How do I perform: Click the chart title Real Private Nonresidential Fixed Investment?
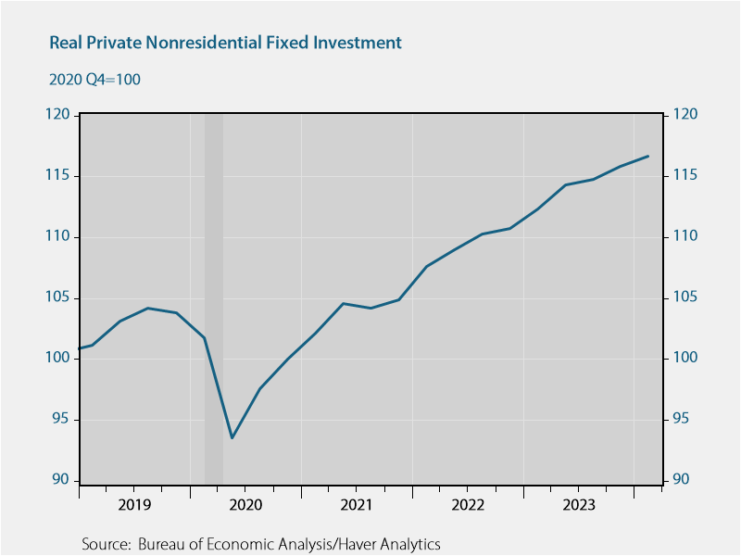225,43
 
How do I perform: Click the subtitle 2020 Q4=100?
94,80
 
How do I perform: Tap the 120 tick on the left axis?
59,115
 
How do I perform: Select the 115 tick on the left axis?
59,176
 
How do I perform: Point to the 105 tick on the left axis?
59,297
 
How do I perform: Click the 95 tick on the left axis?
63,420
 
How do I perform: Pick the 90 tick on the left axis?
63,480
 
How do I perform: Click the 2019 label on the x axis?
134,505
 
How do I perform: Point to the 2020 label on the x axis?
245,505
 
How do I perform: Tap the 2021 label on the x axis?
357,505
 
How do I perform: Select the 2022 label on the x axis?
468,505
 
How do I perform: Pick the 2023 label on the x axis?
579,505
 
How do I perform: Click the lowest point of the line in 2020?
232,437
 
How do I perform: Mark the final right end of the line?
648,156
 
